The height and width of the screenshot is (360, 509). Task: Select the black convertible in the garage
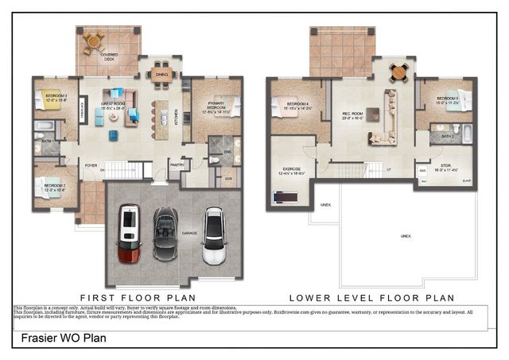[168, 232]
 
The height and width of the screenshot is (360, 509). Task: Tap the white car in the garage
[213, 235]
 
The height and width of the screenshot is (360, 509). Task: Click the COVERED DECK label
[109, 56]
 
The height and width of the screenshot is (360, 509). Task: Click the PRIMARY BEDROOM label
[211, 106]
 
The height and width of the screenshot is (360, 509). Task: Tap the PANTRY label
[177, 165]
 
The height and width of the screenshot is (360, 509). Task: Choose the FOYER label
[91, 165]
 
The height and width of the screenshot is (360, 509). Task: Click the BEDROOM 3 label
[56, 99]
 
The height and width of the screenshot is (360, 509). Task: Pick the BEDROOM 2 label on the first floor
[56, 188]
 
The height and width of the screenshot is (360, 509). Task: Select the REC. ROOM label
[352, 114]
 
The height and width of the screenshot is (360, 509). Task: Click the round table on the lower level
[398, 72]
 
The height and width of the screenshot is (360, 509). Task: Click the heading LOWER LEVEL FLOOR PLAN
[371, 297]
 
